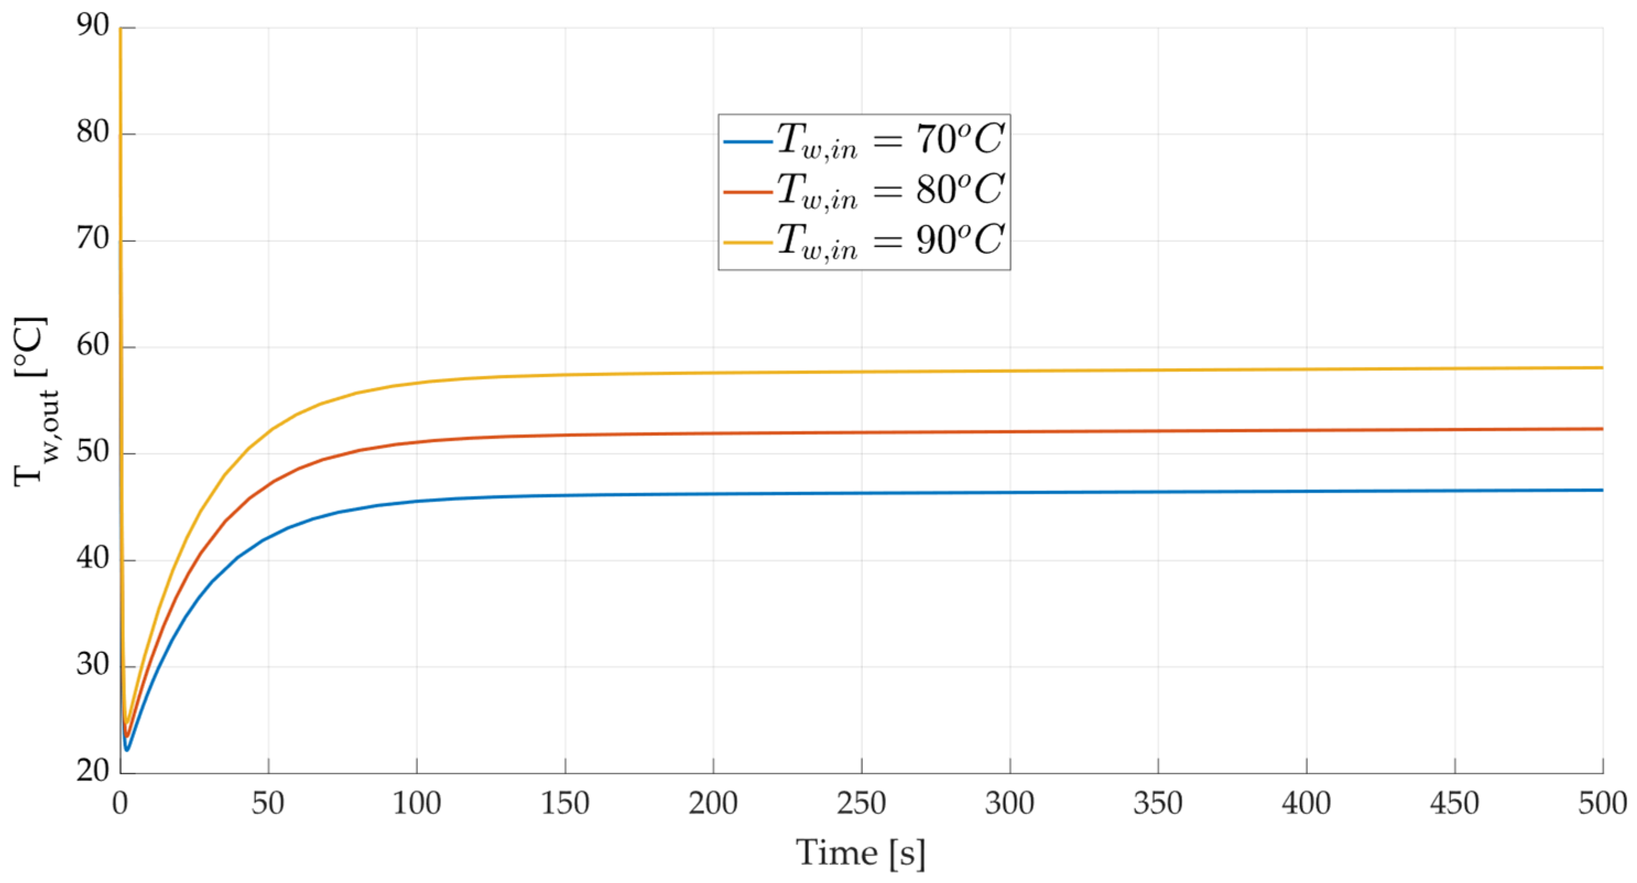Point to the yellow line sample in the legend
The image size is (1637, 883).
(x=748, y=242)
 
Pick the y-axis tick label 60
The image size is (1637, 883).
(x=93, y=347)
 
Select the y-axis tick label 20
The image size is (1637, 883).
(x=93, y=772)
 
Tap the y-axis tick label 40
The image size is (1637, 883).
(x=93, y=560)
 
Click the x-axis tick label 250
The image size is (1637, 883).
(x=861, y=804)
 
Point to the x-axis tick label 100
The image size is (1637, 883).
(x=416, y=804)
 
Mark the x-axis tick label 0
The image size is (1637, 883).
(x=120, y=804)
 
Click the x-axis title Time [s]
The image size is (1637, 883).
(x=861, y=853)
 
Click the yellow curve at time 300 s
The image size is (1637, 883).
(x=1010, y=371)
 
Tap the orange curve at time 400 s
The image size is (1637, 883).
(x=1306, y=430)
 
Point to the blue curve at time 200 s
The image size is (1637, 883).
(x=713, y=494)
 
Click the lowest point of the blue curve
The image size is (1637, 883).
(x=127, y=750)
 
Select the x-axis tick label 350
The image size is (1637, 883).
(x=1158, y=804)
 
